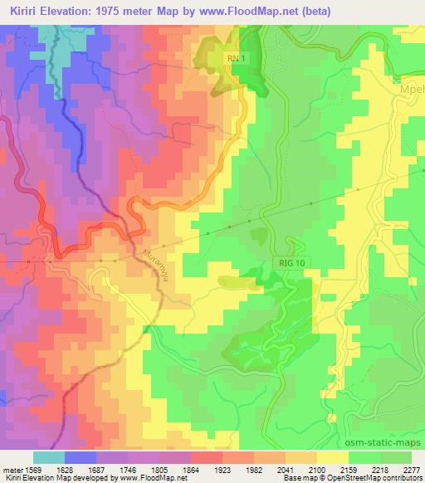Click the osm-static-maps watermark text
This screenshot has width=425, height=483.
[380, 442]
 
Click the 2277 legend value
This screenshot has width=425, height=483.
[413, 469]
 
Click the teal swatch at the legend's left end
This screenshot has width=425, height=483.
[48, 457]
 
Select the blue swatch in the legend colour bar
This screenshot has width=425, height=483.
[81, 457]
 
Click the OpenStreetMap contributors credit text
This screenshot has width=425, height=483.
[378, 478]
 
